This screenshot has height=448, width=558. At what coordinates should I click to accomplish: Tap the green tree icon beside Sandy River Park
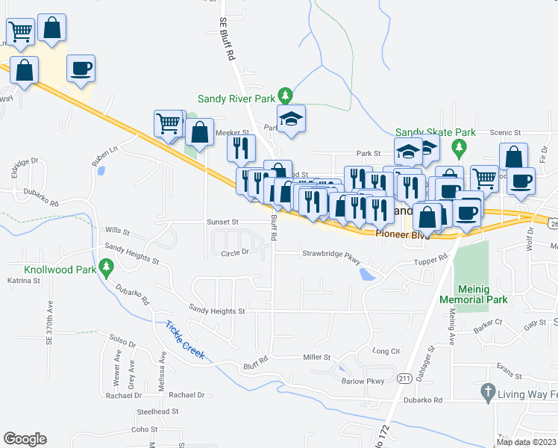coord(284,96)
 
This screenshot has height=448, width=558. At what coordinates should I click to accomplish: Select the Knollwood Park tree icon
coord(107,266)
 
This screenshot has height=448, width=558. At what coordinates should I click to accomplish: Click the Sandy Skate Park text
coord(424,131)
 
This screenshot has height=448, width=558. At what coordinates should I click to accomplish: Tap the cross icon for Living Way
coord(488,391)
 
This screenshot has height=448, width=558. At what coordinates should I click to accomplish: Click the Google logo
coord(25,439)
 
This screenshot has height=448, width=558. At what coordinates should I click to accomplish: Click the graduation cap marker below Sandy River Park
coord(292,118)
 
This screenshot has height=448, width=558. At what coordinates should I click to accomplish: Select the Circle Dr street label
coord(235,252)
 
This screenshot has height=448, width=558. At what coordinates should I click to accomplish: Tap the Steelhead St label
coord(157,411)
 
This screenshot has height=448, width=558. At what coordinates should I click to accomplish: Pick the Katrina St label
coord(23,281)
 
